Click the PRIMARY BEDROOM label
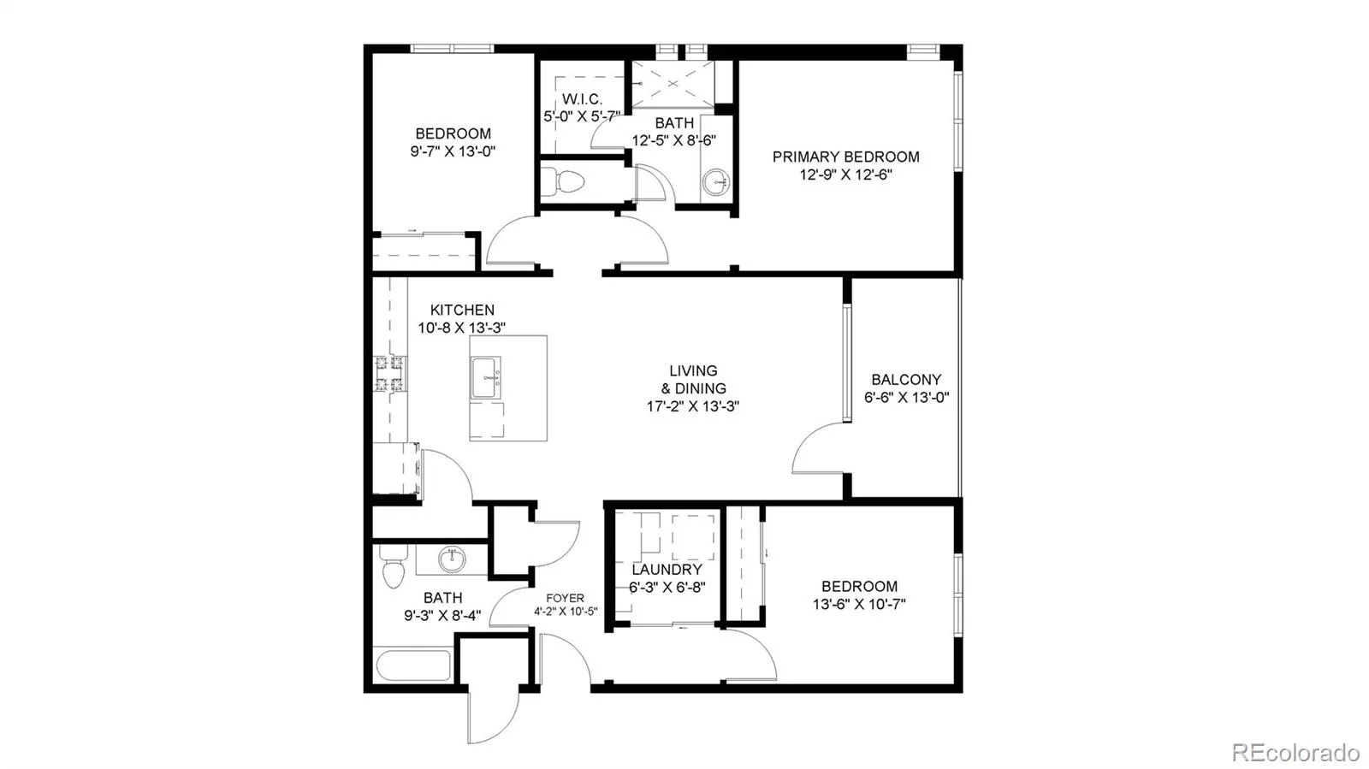tap(846, 157)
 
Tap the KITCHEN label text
tap(462, 311)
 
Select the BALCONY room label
tap(906, 380)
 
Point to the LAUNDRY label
tap(667, 570)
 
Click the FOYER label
tap(565, 598)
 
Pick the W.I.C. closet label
tap(582, 99)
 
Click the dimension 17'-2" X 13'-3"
tap(693, 406)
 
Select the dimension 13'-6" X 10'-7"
tap(859, 605)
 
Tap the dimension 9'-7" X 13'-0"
tap(453, 151)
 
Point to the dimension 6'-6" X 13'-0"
tap(906, 398)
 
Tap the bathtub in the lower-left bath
tap(414, 665)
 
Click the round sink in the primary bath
tap(715, 181)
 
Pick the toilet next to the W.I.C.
tap(563, 181)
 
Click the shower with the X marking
tap(673, 83)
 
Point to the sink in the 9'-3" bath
tap(453, 559)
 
